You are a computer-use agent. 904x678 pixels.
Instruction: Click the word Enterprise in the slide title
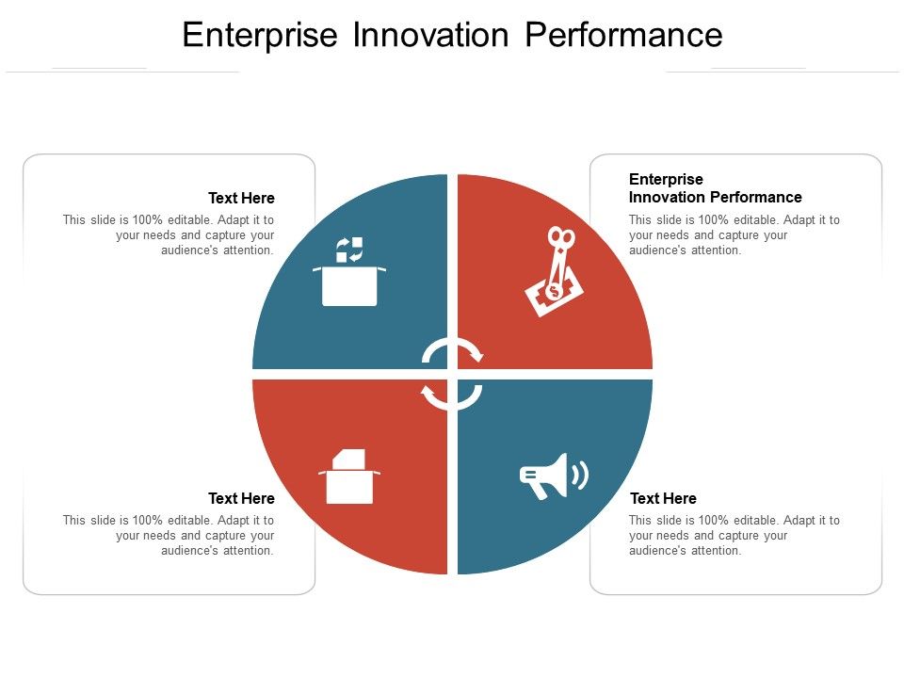tap(260, 35)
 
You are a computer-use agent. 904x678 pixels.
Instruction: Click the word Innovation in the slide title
tap(430, 35)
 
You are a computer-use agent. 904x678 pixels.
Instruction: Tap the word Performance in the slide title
tap(623, 35)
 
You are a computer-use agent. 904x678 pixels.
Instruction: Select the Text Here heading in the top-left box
tap(241, 198)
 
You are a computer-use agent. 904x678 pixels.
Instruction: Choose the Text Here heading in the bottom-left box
tap(241, 498)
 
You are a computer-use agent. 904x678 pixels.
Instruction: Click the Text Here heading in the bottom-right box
tap(663, 498)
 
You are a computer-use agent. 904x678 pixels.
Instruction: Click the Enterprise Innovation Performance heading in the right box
tap(715, 188)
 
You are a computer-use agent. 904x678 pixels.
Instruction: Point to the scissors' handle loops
tap(560, 239)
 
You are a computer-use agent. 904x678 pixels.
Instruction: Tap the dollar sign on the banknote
tap(554, 291)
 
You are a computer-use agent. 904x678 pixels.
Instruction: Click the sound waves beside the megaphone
tap(581, 475)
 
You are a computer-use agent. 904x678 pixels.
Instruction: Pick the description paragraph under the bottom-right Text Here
tap(734, 535)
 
